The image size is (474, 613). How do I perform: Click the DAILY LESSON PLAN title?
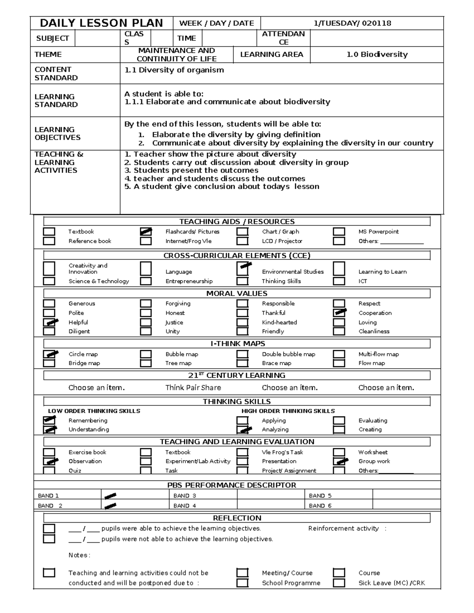point(102,23)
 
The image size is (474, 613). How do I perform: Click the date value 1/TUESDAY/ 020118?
point(352,23)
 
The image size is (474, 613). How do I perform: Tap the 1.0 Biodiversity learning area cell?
point(377,54)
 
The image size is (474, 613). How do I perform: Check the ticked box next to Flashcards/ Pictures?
point(146,232)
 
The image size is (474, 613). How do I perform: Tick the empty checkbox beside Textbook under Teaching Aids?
point(49,232)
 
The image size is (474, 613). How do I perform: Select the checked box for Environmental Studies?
point(243,269)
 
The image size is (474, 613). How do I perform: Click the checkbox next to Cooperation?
point(339,313)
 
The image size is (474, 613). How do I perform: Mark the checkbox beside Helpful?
point(49,322)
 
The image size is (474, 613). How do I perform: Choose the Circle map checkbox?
point(49,354)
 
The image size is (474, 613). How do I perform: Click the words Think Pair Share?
point(193,388)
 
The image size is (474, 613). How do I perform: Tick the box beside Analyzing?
point(243,429)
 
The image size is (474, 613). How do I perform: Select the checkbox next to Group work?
point(339,461)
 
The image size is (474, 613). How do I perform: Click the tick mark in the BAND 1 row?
point(111,495)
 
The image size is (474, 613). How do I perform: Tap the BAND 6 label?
point(320,506)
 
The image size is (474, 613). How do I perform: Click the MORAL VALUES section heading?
point(237,293)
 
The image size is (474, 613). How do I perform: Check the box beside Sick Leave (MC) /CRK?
point(339,583)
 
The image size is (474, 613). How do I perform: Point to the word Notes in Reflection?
point(78,555)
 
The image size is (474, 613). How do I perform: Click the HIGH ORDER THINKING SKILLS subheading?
point(288,411)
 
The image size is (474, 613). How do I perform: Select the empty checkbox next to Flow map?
point(339,363)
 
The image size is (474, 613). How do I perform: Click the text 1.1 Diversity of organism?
point(174,70)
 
